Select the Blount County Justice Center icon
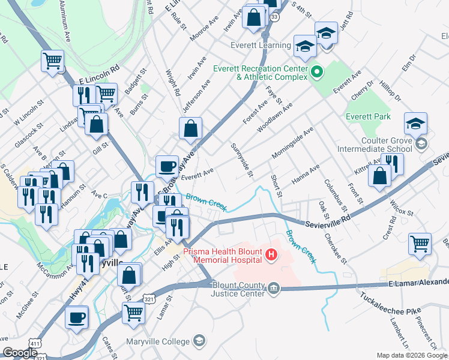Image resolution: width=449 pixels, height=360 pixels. (274, 289)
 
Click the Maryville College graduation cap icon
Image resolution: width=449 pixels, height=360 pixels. (199, 341)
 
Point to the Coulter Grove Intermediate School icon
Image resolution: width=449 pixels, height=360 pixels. (421, 143)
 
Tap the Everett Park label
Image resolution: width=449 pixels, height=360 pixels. (368, 116)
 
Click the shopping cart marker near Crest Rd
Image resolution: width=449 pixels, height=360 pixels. (420, 243)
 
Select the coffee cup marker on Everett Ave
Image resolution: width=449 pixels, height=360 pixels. (167, 166)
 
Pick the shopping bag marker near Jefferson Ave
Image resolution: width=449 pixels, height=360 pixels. (190, 128)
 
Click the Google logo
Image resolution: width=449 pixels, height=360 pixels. (20, 353)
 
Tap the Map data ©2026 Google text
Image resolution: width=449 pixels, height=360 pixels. (411, 355)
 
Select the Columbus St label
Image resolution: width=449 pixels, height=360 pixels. (332, 191)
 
